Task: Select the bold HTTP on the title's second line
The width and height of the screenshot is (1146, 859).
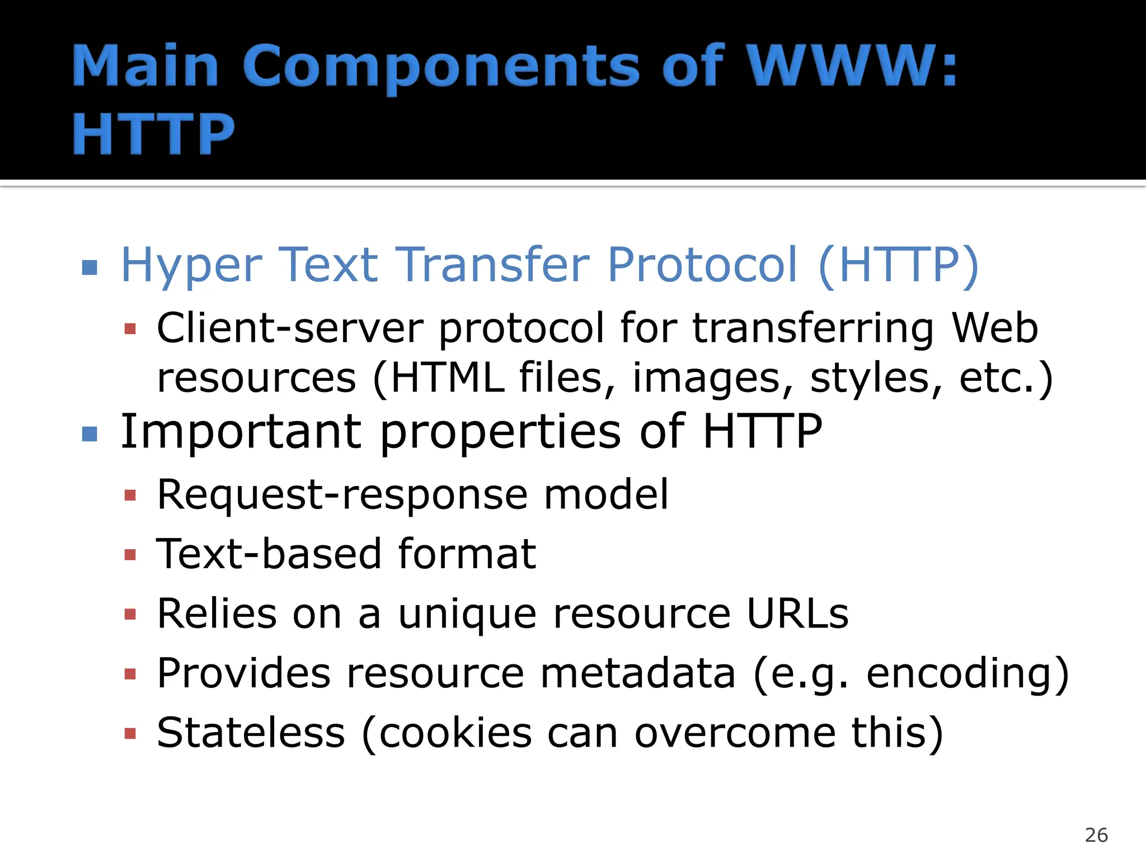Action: (153, 134)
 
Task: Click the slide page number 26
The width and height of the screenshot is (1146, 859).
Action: (1096, 835)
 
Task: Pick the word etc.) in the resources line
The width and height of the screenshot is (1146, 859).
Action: (1006, 379)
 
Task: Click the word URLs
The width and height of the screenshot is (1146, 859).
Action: (797, 613)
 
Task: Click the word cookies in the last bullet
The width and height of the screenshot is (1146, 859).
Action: (455, 733)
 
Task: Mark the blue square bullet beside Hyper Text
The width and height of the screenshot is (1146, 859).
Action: (90, 267)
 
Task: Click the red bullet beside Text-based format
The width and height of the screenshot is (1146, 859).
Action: (130, 555)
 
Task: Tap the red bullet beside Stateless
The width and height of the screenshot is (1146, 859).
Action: (130, 733)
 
